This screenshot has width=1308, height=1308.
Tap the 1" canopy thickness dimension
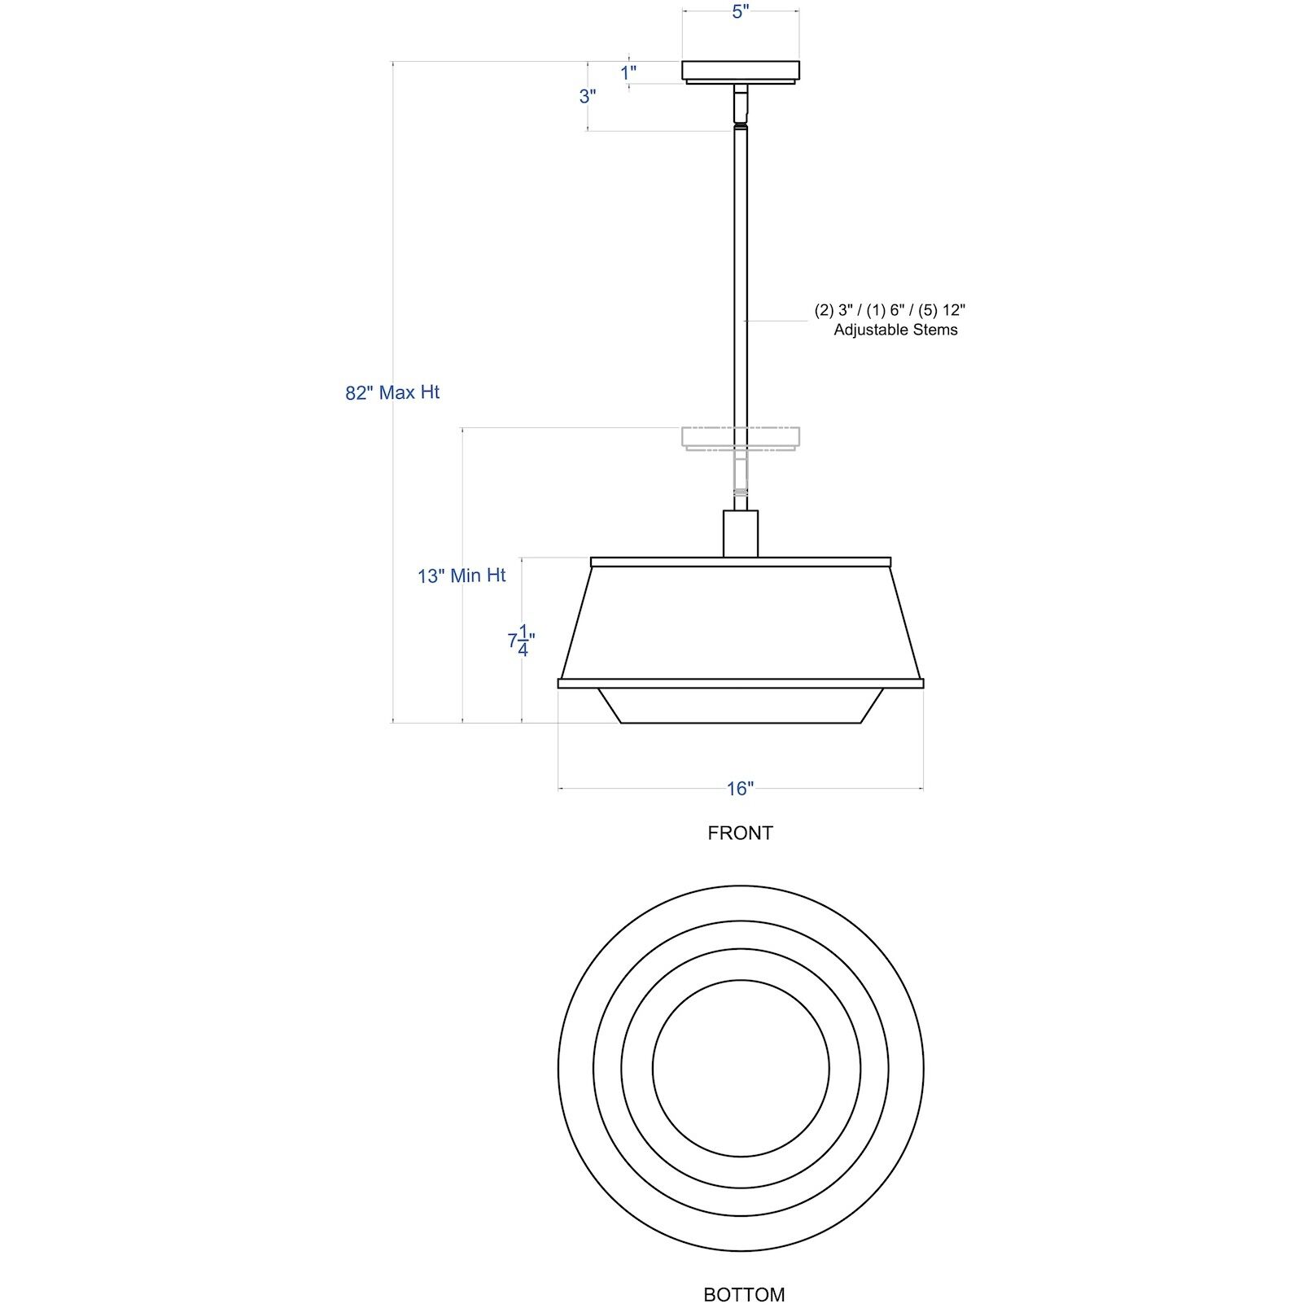click(x=628, y=72)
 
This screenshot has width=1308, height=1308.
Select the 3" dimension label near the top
click(x=588, y=96)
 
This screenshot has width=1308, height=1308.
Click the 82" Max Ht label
click(x=392, y=392)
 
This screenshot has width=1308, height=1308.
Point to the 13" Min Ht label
click(x=462, y=575)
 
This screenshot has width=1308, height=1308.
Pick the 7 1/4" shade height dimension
click(x=522, y=640)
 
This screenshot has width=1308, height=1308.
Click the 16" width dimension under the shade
click(x=740, y=788)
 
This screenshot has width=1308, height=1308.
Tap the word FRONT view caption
click(x=740, y=833)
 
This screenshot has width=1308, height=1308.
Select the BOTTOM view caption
click(x=744, y=1294)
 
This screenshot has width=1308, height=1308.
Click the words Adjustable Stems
click(x=895, y=330)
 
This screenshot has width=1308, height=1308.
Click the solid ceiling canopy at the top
click(x=740, y=70)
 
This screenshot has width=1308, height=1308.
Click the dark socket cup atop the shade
click(x=741, y=533)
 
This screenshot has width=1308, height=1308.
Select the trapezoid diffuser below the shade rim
click(x=740, y=706)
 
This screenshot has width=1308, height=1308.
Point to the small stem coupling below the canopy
click(x=740, y=104)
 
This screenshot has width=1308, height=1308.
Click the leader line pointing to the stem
click(x=777, y=321)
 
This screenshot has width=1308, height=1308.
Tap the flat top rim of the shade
click(x=740, y=562)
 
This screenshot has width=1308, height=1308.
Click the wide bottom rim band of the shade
click(x=740, y=683)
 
